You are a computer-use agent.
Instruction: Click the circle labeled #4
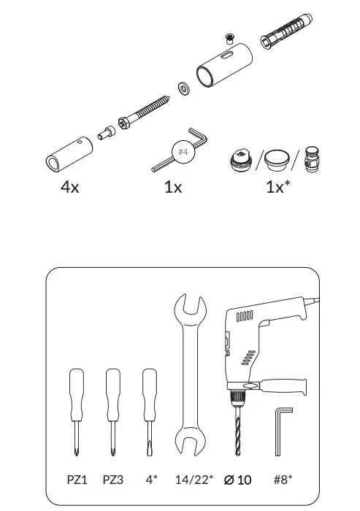tap(184, 152)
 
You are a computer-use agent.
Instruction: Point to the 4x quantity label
tap(70, 187)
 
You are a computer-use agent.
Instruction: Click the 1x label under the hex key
tap(173, 187)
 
